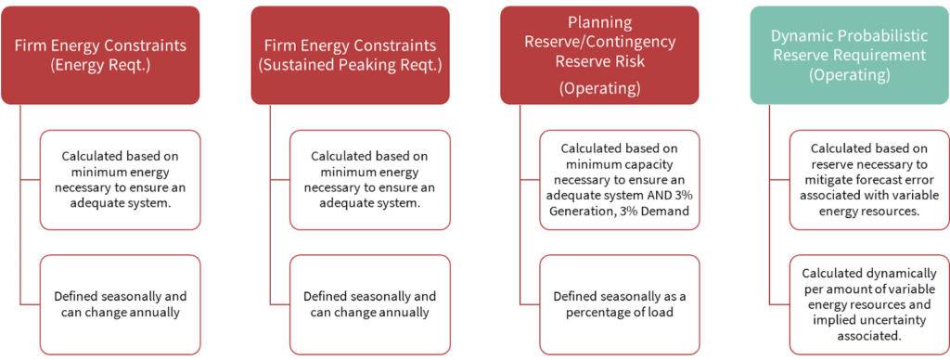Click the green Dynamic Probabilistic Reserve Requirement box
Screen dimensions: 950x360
(x=850, y=55)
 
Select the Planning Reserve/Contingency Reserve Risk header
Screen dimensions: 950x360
(x=600, y=55)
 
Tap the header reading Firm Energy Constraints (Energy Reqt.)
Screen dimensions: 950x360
(x=100, y=55)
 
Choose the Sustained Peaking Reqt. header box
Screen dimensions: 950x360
(x=350, y=55)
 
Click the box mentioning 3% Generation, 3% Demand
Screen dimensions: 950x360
(x=619, y=180)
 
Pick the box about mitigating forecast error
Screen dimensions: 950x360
(x=868, y=180)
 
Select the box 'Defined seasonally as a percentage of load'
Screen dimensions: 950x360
(x=619, y=305)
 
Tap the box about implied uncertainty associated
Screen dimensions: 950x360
(x=868, y=305)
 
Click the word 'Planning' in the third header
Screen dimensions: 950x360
(x=600, y=23)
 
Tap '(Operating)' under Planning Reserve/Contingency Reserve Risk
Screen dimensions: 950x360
(x=600, y=89)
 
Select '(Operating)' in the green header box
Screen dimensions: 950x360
(x=850, y=75)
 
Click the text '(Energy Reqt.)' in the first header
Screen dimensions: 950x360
(x=100, y=65)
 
